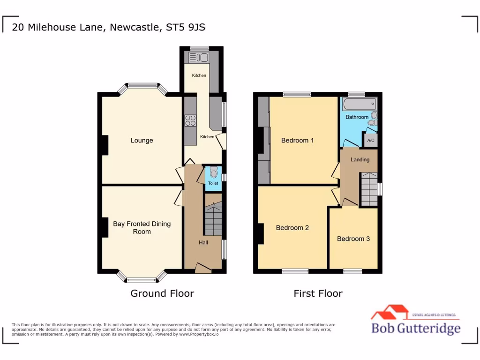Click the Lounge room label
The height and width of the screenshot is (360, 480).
[142, 140]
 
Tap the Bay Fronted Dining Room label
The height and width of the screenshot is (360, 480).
[142, 227]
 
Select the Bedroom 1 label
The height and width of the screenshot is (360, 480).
[297, 140]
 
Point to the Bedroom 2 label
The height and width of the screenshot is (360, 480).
[292, 228]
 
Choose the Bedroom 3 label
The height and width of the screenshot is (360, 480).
[353, 239]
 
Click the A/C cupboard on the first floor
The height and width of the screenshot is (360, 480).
[370, 140]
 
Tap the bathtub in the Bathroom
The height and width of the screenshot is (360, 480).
[360, 103]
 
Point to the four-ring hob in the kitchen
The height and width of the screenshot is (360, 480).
[190, 120]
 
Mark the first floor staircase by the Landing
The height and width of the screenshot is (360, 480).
[369, 189]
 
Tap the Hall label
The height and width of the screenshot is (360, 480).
[203, 242]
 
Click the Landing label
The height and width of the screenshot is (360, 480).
[360, 159]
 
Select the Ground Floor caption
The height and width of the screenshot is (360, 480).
[162, 293]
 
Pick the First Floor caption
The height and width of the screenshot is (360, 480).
[318, 293]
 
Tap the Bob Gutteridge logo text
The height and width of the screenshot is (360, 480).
[415, 328]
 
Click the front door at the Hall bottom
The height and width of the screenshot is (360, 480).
[203, 268]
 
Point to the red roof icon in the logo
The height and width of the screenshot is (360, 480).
[389, 311]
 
